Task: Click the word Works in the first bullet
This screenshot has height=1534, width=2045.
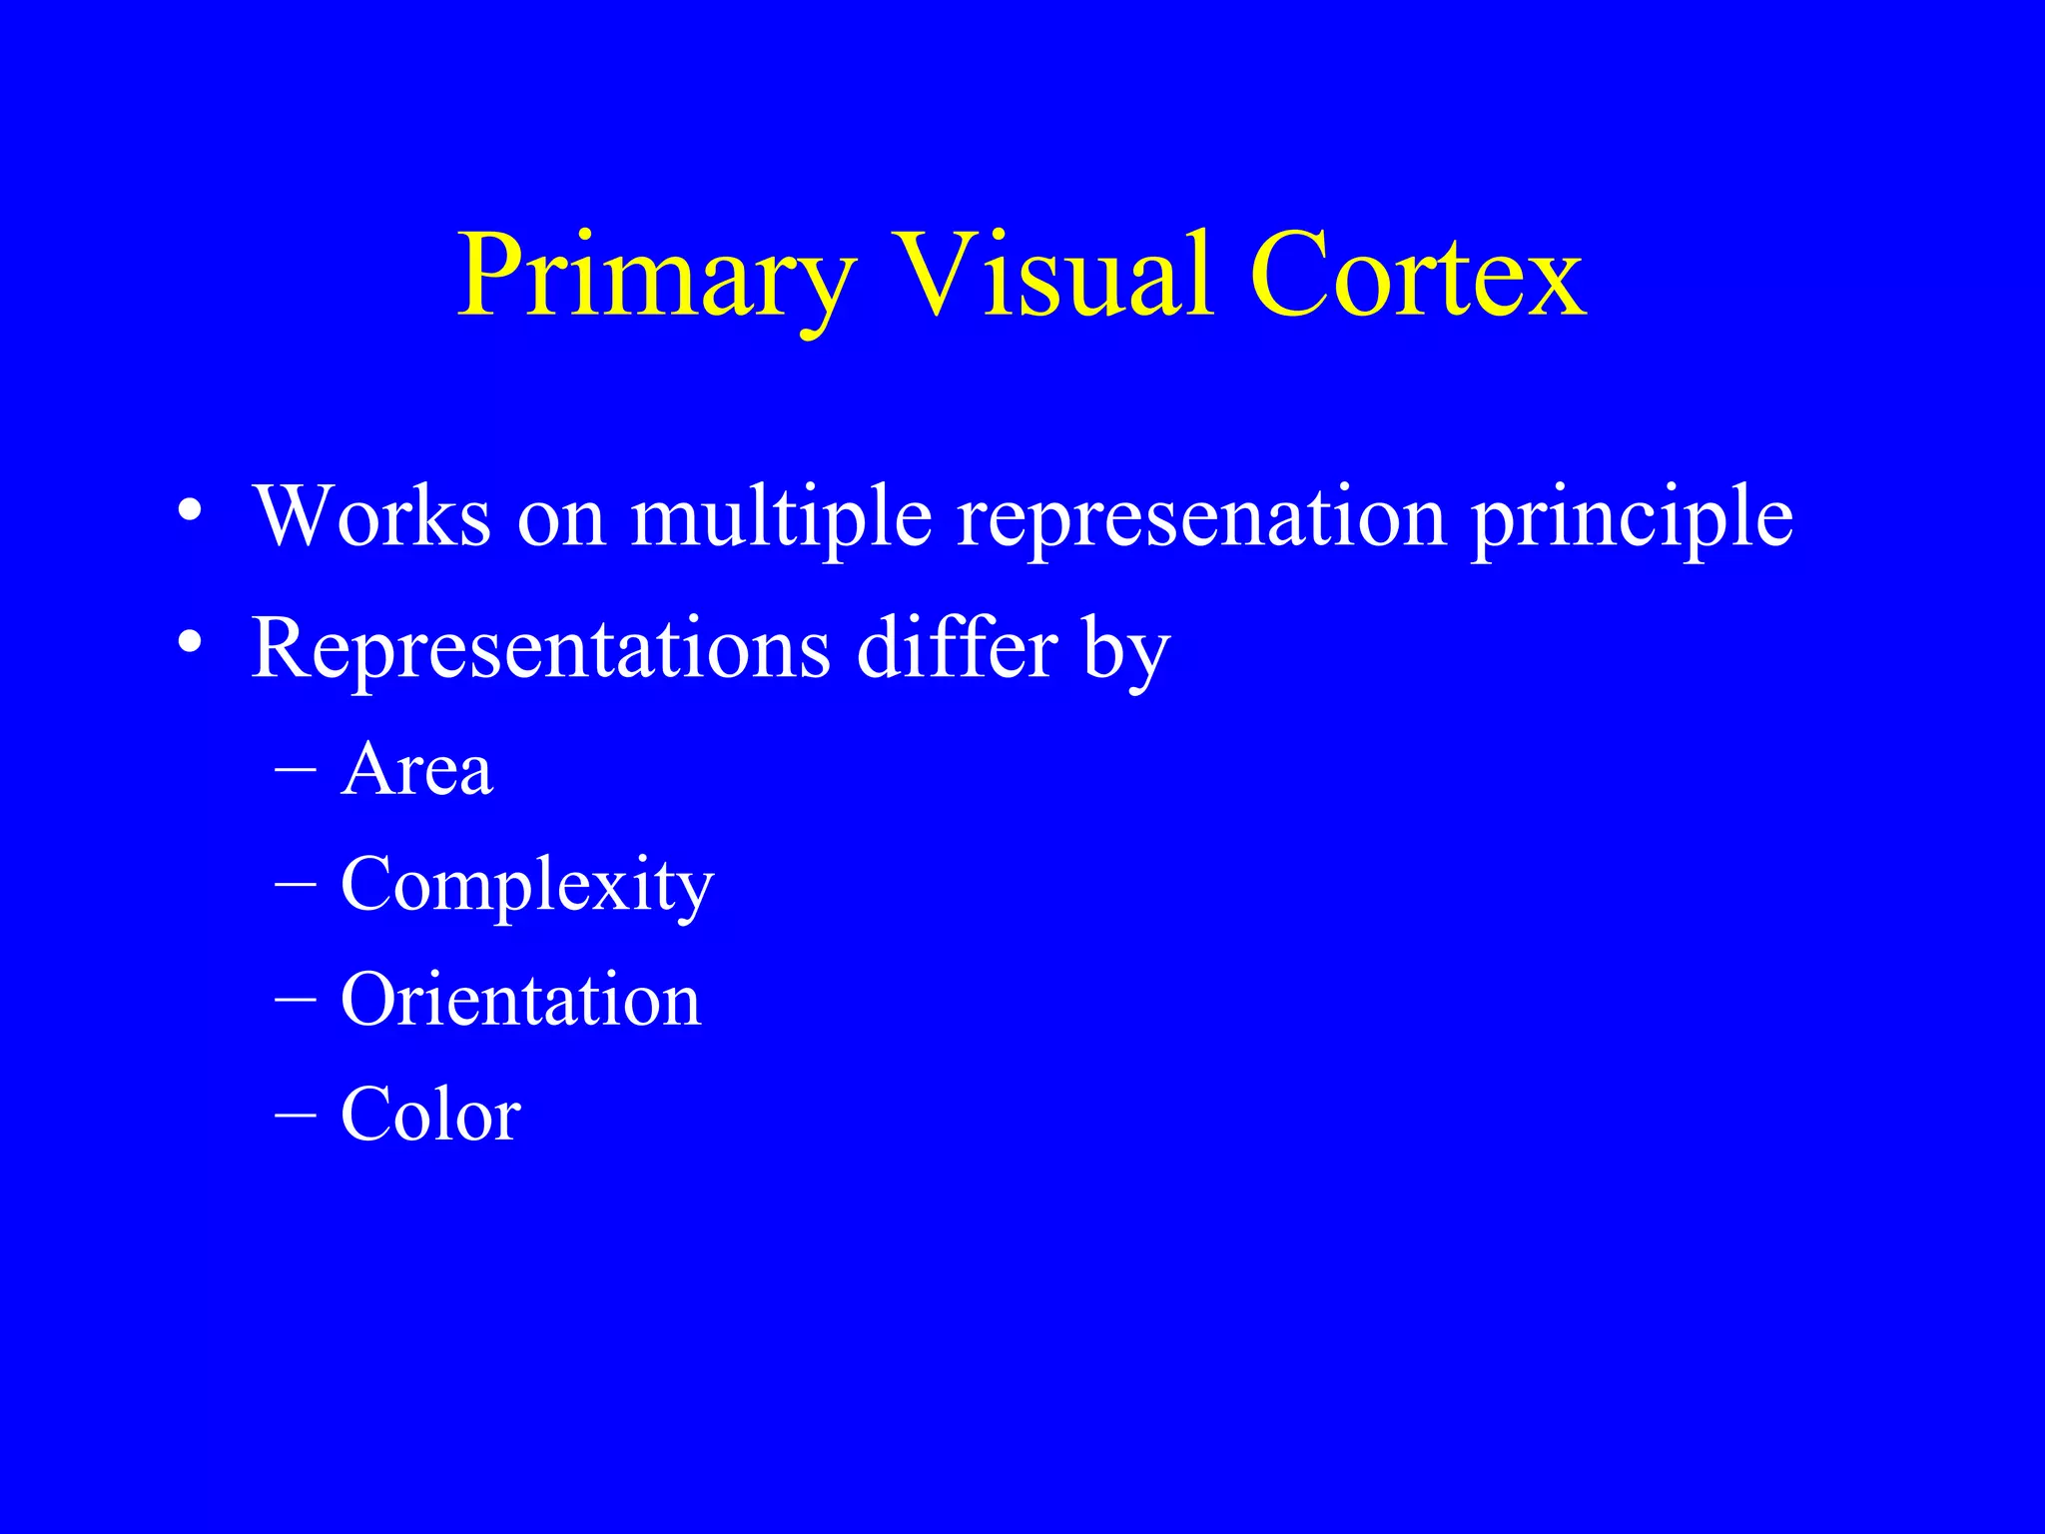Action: [x=372, y=516]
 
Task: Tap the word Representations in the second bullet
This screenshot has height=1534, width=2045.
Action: [x=540, y=650]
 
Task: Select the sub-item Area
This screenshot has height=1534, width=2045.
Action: [x=416, y=770]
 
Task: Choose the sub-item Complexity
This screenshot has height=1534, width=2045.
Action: [x=527, y=887]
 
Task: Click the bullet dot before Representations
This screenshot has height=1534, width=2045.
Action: [x=190, y=644]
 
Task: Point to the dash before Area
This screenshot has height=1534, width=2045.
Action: [x=296, y=770]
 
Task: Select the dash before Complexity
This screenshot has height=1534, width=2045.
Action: [x=296, y=884]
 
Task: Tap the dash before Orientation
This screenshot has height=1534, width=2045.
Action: [x=296, y=999]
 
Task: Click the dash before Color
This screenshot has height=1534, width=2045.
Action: [x=296, y=1114]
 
